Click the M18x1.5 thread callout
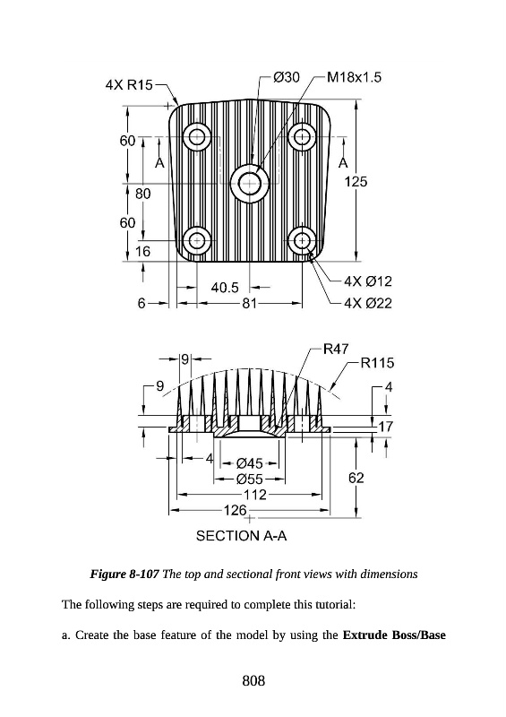(x=355, y=77)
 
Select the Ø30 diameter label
(x=287, y=77)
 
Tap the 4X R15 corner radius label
(x=129, y=85)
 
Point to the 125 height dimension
(x=356, y=182)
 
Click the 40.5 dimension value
(x=225, y=288)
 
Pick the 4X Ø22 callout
(x=368, y=303)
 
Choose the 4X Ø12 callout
(x=368, y=281)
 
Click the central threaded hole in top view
(x=249, y=184)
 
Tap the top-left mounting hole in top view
(x=197, y=136)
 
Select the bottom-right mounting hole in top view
(x=302, y=240)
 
